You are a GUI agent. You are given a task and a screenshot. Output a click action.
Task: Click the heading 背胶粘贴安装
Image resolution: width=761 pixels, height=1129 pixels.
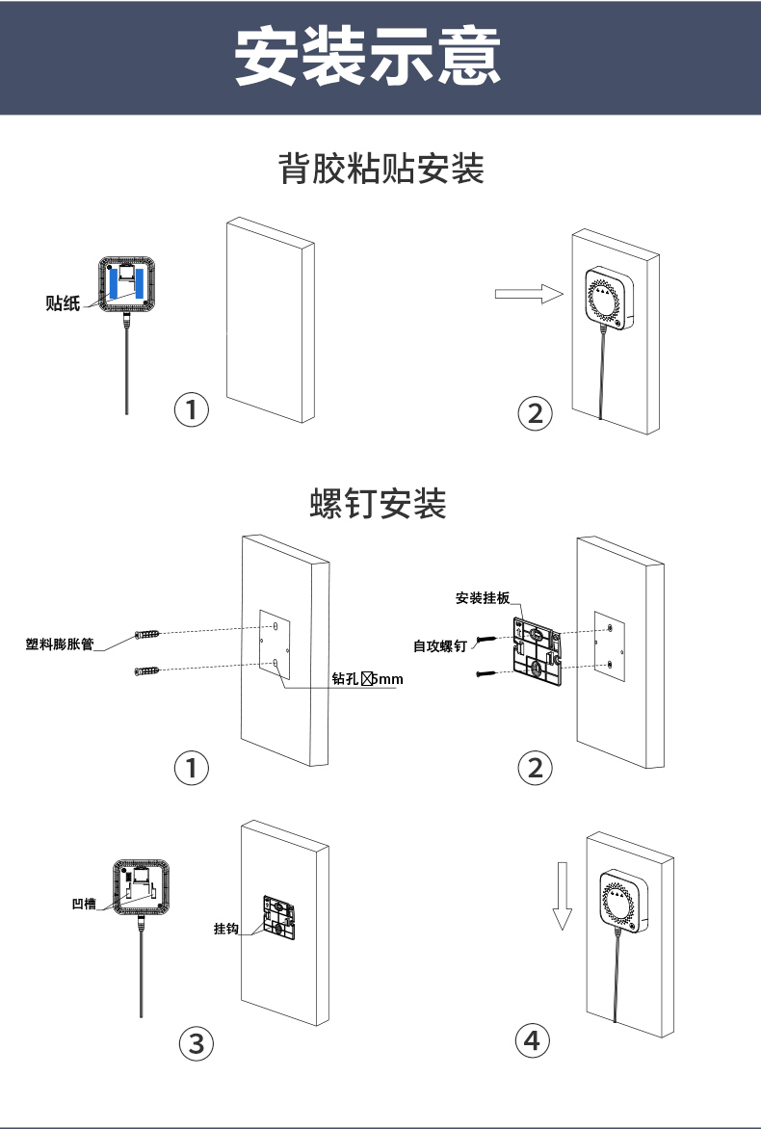[x=380, y=170]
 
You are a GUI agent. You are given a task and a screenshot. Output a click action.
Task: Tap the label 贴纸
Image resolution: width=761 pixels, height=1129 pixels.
[x=63, y=303]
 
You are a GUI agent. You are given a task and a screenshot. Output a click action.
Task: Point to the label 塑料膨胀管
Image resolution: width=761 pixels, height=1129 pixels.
[x=60, y=644]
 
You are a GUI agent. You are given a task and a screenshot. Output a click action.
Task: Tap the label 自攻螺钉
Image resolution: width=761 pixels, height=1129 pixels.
[x=440, y=646]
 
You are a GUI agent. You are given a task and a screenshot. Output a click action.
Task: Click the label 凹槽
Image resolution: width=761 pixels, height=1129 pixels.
[x=84, y=904]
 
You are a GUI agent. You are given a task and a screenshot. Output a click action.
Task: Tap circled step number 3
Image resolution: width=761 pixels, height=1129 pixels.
[x=197, y=1042]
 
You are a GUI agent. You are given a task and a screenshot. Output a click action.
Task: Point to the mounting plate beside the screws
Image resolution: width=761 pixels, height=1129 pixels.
[x=538, y=653]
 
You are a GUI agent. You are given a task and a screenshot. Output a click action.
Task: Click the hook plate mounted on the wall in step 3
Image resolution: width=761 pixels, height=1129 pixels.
[x=280, y=915]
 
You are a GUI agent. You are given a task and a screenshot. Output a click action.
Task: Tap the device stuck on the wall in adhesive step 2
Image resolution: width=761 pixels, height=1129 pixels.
[x=609, y=299]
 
